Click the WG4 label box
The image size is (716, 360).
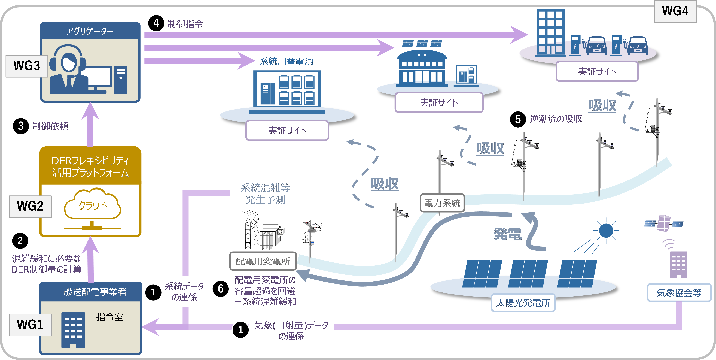pos(675,11)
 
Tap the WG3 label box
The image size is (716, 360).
pos(27,66)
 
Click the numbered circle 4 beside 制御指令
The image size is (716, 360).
pos(156,23)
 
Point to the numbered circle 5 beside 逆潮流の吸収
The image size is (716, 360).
pos(518,119)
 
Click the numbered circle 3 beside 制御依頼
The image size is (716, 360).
pos(21,126)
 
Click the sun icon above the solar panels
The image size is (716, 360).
pos(606,231)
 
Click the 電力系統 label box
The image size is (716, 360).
pos(442,203)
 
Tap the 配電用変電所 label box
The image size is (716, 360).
pos(263,261)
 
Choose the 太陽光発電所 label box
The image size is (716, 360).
pos(523,302)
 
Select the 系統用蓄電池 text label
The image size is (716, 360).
pos(286,61)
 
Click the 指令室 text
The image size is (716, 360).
pos(110,317)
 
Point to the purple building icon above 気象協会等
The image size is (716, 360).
pos(678,265)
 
